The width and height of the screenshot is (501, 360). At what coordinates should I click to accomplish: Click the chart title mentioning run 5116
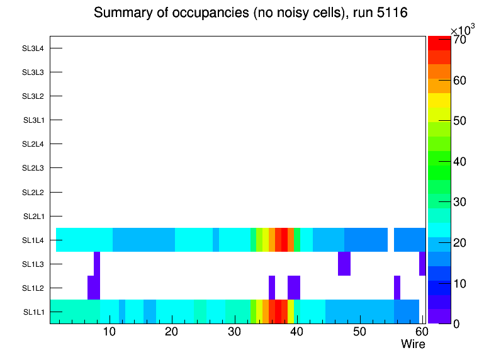coord(250,13)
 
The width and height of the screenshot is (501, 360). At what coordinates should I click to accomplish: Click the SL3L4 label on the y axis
coord(33,48)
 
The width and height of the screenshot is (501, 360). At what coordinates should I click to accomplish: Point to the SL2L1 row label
coord(33,217)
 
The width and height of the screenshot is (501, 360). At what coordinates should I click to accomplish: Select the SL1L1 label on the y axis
coord(33,312)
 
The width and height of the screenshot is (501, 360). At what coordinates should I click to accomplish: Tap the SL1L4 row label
coord(33,240)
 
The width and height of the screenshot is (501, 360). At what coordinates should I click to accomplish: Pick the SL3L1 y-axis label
coord(33,120)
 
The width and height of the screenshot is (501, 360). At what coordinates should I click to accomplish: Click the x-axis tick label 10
coord(110,332)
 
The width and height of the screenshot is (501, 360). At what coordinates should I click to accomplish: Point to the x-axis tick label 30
coord(234,332)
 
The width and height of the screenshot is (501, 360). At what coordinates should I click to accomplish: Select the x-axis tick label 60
coord(420,332)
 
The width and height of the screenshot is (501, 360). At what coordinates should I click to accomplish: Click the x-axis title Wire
coord(413,344)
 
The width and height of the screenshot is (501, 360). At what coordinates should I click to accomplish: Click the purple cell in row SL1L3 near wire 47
coord(344,264)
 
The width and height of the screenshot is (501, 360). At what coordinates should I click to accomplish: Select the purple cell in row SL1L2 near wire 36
coord(272,288)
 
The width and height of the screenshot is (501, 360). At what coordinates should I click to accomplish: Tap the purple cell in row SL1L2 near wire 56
coord(397,288)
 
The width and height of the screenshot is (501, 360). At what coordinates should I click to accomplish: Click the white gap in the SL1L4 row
coord(391,240)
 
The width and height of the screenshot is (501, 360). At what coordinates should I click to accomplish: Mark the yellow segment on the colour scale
coord(439,100)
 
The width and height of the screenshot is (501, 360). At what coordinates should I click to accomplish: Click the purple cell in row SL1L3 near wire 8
coord(97,264)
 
